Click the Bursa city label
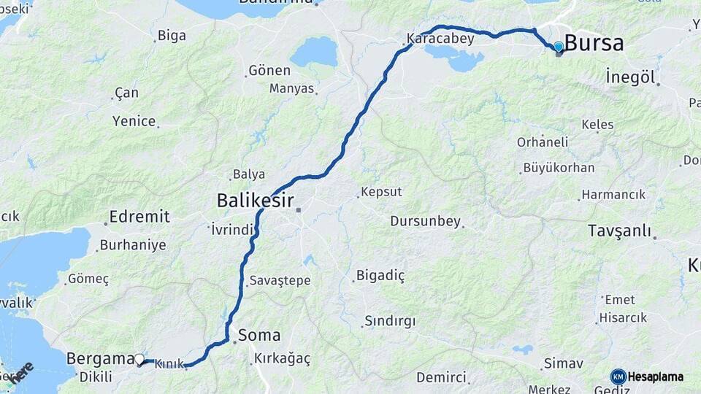(594, 43)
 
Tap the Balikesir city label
(255, 201)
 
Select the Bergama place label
(100, 359)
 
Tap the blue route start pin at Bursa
(559, 47)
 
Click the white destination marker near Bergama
(139, 359)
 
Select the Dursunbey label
(425, 220)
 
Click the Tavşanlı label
(619, 231)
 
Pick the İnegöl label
(630, 77)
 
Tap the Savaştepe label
(280, 280)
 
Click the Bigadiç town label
(380, 276)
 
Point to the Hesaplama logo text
(656, 377)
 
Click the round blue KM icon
(618, 376)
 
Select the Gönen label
(269, 71)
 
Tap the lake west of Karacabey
(314, 52)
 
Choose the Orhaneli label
(542, 142)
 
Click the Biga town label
(171, 36)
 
